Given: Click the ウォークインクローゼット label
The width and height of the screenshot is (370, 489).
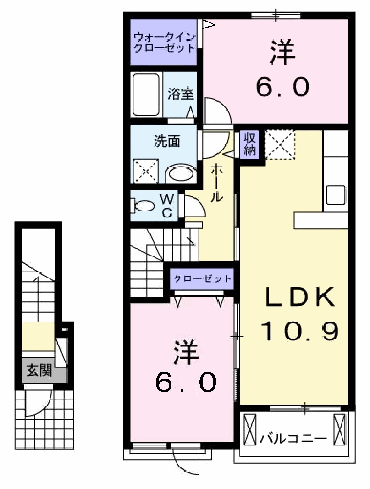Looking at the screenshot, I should (164, 42).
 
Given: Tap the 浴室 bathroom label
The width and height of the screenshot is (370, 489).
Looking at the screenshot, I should (180, 94).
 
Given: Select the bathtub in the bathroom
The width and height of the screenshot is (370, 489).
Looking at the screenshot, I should (146, 95).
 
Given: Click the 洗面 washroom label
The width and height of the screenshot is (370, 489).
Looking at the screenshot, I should (166, 142).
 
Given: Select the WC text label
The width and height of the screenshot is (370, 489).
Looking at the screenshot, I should (167, 206).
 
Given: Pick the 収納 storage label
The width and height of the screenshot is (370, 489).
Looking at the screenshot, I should (249, 144).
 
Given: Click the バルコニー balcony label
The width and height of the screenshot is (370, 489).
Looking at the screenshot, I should (294, 438).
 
